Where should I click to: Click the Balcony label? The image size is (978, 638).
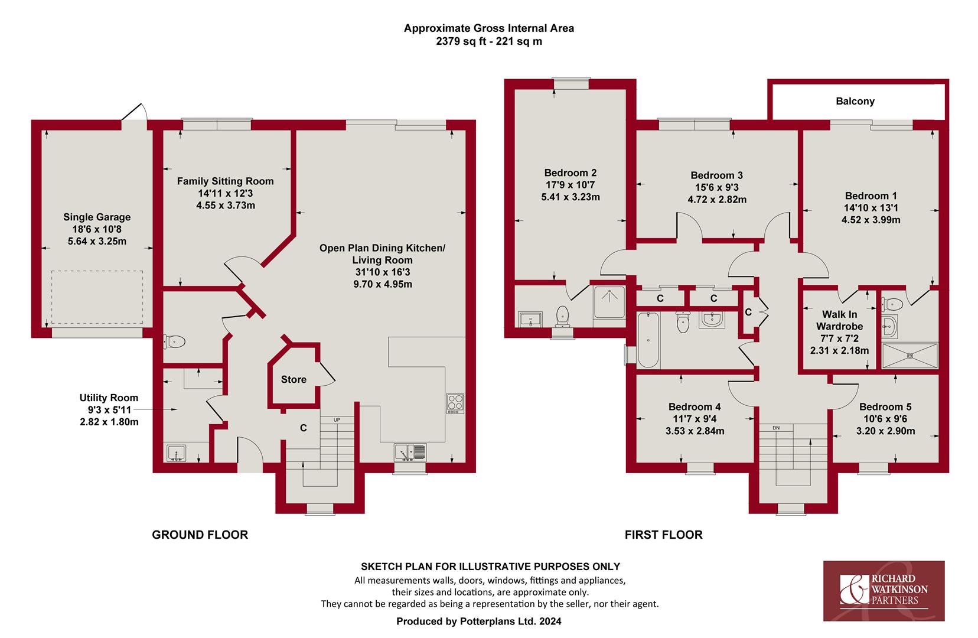pos(855,101)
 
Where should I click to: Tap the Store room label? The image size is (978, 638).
pos(294,379)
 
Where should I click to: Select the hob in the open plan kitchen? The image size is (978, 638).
pos(455,403)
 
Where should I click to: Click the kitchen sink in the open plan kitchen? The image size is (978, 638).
pos(410,453)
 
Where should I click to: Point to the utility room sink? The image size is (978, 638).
pos(177,453)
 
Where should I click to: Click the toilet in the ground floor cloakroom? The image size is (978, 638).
pos(174,341)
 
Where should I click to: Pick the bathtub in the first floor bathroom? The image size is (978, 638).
pos(648,340)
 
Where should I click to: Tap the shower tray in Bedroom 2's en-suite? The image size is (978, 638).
pos(609,302)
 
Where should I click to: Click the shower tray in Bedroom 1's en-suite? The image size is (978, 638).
pos(910,356)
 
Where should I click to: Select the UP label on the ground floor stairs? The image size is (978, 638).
pos(337,420)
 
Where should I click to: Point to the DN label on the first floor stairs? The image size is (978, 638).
pos(776,428)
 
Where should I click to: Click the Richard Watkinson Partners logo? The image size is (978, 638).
pos(884,591)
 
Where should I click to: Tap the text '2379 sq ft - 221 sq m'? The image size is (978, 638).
pos(489,41)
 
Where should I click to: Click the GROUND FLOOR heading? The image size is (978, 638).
pos(200,535)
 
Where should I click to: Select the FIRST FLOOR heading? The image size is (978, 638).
pos(664,535)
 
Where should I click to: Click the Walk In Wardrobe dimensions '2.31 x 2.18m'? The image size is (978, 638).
pos(839,351)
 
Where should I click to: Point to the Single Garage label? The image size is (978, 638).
pos(97,217)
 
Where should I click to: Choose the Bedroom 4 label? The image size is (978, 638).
pos(695,407)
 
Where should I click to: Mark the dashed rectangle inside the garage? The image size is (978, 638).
pos(97,297)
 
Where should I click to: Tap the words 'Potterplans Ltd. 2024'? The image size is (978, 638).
pos(511,621)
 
